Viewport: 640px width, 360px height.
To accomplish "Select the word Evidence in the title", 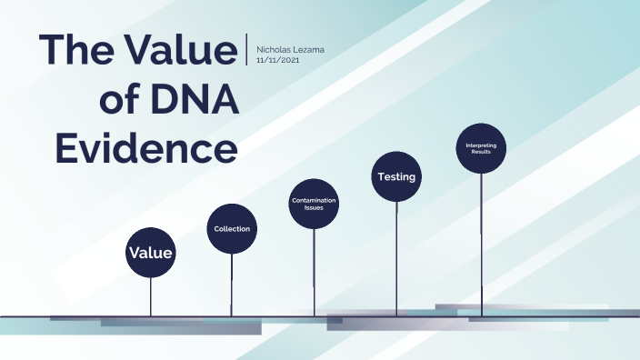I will (147, 145).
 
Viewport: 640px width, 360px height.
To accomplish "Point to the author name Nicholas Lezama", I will (290, 48).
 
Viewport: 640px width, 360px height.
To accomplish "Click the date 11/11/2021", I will (278, 59).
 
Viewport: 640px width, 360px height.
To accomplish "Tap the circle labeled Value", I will (151, 252).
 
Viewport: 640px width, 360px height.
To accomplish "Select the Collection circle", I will (232, 228).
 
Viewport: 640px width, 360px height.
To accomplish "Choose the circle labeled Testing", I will (396, 176).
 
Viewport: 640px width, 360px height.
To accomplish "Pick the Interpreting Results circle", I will (481, 148).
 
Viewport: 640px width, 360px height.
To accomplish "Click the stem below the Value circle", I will (151, 295).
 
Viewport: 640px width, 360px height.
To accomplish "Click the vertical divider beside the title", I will (246, 49).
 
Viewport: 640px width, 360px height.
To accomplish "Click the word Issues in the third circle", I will (315, 208).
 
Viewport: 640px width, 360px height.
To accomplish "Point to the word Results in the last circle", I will (481, 152).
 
